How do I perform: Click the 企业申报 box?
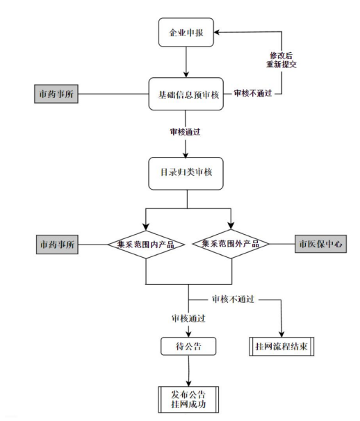187,33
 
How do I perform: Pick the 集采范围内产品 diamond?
145,244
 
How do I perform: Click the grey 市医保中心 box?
320,245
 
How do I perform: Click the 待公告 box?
190,345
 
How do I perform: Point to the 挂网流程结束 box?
281,345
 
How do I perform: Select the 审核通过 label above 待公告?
189,318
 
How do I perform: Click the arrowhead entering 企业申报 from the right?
219,33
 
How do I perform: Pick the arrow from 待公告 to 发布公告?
189,368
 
